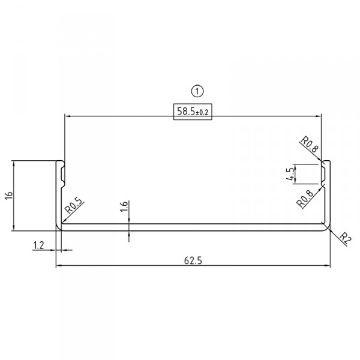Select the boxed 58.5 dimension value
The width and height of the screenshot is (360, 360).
coord(186,112)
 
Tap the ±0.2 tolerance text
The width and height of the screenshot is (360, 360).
coord(204,112)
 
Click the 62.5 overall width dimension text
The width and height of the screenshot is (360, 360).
coord(193,260)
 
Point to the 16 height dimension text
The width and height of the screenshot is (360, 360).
coord(8,196)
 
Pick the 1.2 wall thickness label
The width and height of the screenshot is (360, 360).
coord(39,245)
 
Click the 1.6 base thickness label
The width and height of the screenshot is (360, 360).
coord(124,208)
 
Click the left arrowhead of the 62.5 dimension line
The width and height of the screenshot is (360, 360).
coord(59,266)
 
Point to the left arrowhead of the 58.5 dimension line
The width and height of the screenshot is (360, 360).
coord(68,116)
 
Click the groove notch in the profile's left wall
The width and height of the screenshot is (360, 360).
coord(62,173)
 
